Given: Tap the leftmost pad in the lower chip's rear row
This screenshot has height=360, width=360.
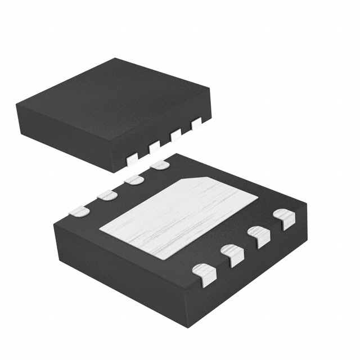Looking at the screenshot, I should tap(79, 211).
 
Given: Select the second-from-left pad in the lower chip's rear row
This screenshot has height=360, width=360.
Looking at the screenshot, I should tap(106, 195).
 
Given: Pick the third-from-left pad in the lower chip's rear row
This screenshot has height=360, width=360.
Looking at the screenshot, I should tap(134, 180).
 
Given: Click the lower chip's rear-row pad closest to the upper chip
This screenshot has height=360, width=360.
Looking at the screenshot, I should tap(160, 165).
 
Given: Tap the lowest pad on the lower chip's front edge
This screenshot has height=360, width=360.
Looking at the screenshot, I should tap(204, 274).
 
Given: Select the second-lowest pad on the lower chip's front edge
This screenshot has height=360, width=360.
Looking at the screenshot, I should tap(233, 254).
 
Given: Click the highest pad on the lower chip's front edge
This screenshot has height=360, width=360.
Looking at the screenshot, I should tap(284, 218).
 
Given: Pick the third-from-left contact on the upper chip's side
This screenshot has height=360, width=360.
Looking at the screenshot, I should tap(175, 135).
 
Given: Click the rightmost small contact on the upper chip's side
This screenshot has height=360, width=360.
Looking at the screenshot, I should tap(196, 123).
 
